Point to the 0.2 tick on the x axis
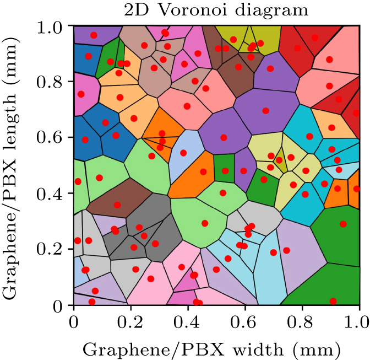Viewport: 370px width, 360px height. [x=130, y=320]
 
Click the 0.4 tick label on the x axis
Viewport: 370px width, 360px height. [x=188, y=320]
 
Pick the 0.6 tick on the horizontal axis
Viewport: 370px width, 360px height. [x=245, y=320]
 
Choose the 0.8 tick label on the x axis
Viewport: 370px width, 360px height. [x=302, y=320]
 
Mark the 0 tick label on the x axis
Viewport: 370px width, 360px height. [x=73, y=320]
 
